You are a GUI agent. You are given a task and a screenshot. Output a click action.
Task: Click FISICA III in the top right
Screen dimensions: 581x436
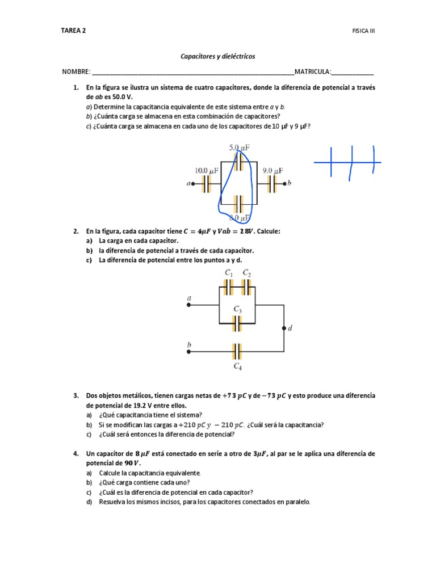point(363,31)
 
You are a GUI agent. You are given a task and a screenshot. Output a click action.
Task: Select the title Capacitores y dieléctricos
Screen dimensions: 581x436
point(217,57)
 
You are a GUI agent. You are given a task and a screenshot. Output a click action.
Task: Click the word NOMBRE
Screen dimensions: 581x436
point(76,72)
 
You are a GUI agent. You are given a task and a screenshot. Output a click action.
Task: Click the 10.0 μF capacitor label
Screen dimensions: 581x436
point(207,170)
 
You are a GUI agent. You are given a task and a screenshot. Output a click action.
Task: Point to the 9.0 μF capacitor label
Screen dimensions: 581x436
point(272,170)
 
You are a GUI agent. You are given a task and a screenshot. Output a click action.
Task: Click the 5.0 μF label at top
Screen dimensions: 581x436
point(240,148)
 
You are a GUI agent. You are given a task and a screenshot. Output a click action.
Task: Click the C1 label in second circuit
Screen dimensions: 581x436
point(229,273)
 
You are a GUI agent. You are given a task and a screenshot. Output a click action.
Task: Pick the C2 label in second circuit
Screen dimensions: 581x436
point(247,273)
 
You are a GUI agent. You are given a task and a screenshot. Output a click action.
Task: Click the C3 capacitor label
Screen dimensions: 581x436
point(238,310)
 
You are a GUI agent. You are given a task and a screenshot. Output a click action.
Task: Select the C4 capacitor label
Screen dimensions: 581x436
point(238,367)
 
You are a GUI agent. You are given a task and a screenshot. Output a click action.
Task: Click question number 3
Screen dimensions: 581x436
point(75,395)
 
